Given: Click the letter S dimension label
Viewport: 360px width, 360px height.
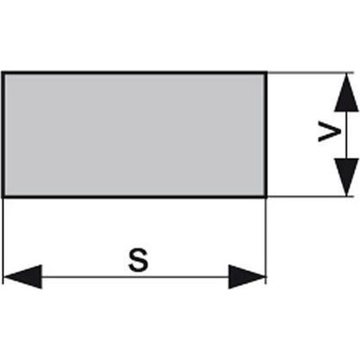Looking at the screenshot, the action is (x=139, y=261).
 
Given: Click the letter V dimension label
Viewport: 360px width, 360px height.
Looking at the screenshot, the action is (x=329, y=131).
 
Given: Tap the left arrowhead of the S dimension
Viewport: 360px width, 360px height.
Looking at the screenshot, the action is (x=22, y=276).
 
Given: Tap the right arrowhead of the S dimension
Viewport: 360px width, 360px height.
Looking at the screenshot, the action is (x=247, y=276).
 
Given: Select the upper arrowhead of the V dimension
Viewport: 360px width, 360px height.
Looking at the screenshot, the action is (x=346, y=93).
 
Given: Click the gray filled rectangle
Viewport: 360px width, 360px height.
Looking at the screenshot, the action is (x=134, y=134).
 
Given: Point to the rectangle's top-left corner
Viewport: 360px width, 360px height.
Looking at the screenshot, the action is (x=3, y=73).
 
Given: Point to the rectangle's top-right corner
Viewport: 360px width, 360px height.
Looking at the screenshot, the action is (x=266, y=73).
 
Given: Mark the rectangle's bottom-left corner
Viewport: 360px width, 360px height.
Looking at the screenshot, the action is (x=3, y=196).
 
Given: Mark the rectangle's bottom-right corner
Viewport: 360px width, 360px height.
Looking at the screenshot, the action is (x=266, y=196).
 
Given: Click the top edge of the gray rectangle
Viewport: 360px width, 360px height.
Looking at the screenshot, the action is (x=134, y=73).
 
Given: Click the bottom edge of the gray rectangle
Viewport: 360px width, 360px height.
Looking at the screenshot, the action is (x=134, y=196).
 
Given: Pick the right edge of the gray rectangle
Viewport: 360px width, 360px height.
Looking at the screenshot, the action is (x=266, y=134).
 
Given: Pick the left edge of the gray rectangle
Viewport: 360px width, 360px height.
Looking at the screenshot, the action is (x=3, y=134).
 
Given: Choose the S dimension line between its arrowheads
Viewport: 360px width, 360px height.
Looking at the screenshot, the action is (x=135, y=276).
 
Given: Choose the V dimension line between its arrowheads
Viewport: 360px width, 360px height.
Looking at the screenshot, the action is (x=346, y=135).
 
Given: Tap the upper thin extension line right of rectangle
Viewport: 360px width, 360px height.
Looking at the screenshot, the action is (x=310, y=73).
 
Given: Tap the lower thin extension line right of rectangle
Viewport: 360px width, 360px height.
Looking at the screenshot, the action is (x=310, y=196).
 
